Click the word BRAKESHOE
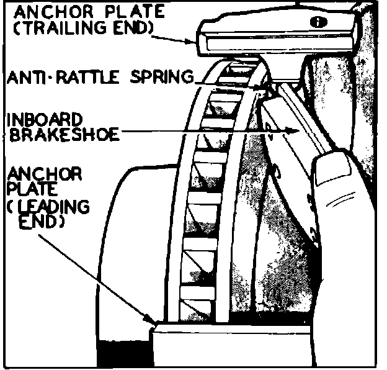pos(61,135)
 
